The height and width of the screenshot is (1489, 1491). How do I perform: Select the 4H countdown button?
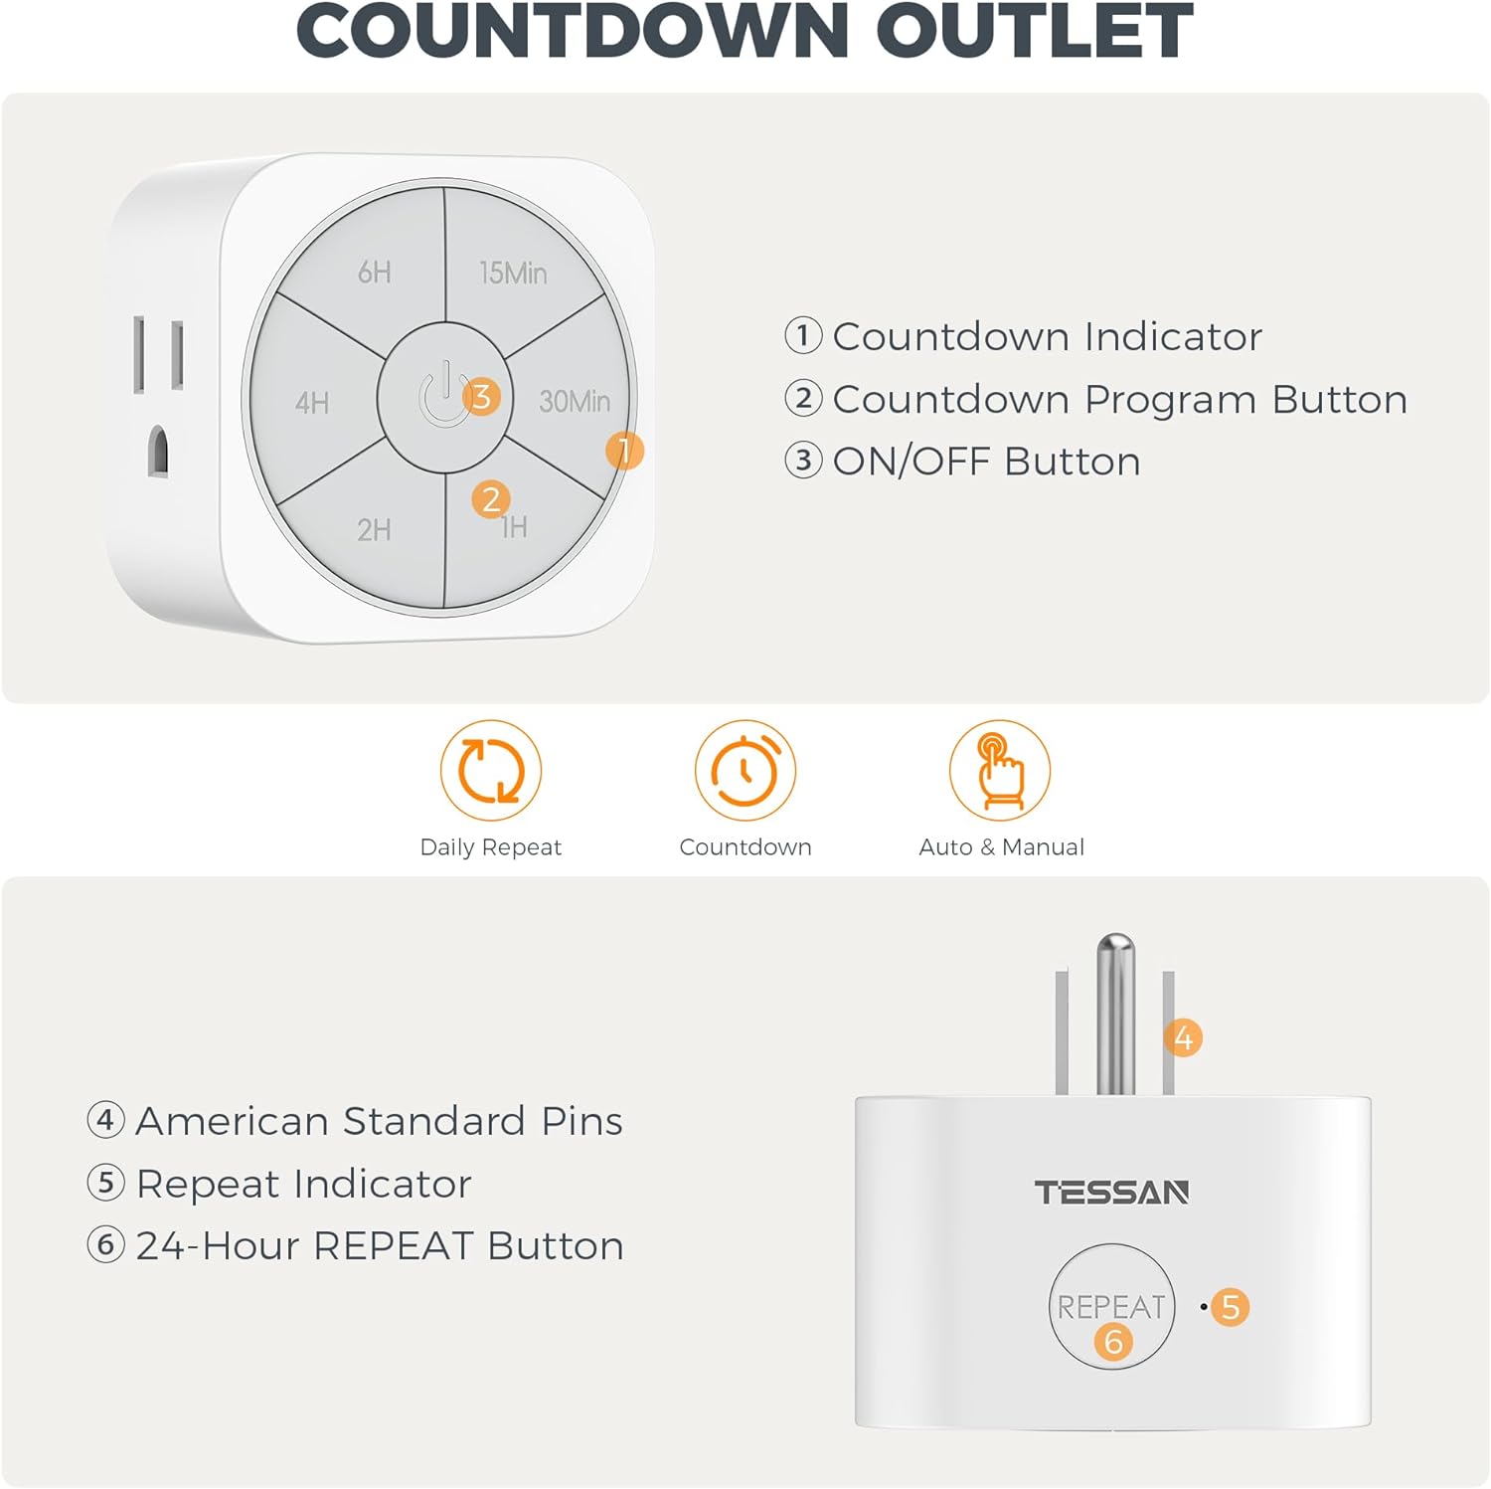pyautogui.click(x=312, y=402)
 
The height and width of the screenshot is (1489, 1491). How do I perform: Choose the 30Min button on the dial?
pyautogui.click(x=574, y=401)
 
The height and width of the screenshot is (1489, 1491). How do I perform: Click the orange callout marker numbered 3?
pyautogui.click(x=482, y=397)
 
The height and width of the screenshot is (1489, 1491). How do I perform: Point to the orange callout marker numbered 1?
pyautogui.click(x=624, y=451)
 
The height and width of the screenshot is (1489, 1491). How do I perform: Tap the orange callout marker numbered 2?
pyautogui.click(x=491, y=499)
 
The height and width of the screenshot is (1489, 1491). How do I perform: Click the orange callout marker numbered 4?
pyautogui.click(x=1183, y=1038)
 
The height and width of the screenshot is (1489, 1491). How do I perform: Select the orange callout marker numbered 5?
pyautogui.click(x=1231, y=1307)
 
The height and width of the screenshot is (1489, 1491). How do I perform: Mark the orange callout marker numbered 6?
pyautogui.click(x=1113, y=1342)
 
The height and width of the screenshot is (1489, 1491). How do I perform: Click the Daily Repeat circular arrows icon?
pyautogui.click(x=491, y=771)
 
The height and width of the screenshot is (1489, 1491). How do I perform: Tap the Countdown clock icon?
pyautogui.click(x=745, y=771)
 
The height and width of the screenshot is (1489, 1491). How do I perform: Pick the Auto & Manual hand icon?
pyautogui.click(x=1000, y=771)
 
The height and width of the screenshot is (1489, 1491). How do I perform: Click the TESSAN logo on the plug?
pyautogui.click(x=1111, y=1193)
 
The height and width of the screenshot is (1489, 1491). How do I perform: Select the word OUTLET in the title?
pyautogui.click(x=1034, y=32)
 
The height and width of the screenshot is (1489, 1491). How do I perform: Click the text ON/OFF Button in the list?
pyautogui.click(x=986, y=462)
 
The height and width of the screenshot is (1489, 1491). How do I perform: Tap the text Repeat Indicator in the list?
pyautogui.click(x=303, y=1184)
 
